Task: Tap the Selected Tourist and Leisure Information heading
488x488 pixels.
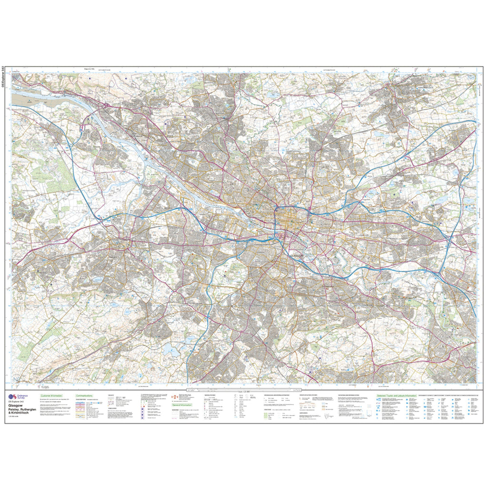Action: click(396, 396)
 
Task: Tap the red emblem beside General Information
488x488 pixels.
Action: click(174, 396)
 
